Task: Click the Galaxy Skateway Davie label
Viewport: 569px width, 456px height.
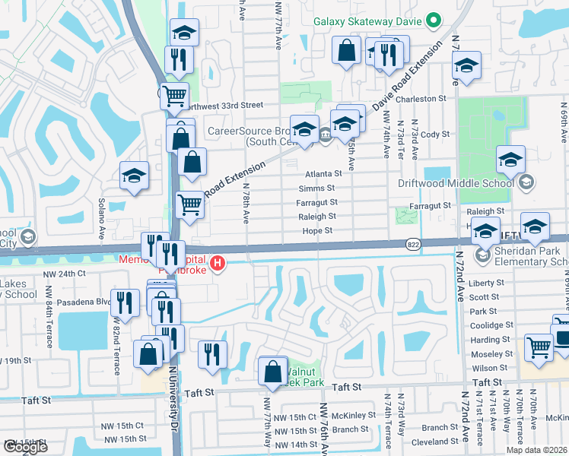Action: (368, 21)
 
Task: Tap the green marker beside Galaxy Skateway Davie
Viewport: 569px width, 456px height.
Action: (434, 21)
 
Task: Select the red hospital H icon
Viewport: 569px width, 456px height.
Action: (218, 264)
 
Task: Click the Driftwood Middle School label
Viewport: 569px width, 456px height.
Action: (455, 182)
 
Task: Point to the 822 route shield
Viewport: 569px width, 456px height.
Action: (412, 245)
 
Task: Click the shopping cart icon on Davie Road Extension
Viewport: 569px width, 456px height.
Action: (189, 204)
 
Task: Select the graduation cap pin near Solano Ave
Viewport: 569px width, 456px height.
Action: (134, 177)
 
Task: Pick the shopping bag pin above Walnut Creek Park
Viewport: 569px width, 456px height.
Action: (273, 372)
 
